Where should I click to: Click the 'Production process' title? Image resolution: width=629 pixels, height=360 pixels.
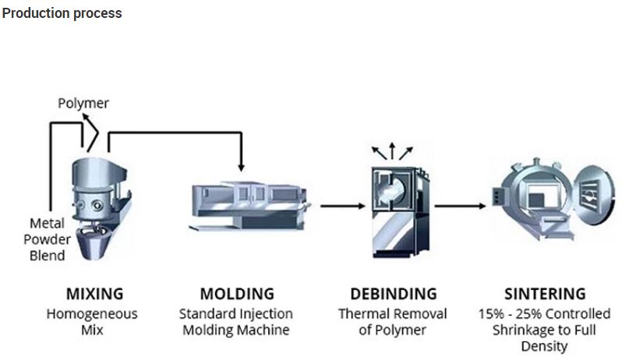pyautogui.click(x=62, y=13)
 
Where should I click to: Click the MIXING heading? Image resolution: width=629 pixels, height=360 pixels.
pyautogui.click(x=94, y=294)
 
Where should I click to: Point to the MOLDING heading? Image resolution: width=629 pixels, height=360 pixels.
pyautogui.click(x=237, y=294)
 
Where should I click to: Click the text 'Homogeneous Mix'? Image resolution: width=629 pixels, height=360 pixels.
pyautogui.click(x=94, y=321)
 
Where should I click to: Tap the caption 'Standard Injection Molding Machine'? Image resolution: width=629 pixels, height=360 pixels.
pyautogui.click(x=237, y=321)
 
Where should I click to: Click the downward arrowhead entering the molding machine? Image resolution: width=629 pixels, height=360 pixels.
pyautogui.click(x=242, y=167)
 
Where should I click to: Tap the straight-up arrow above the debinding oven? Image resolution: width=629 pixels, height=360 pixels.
pyautogui.click(x=391, y=148)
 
